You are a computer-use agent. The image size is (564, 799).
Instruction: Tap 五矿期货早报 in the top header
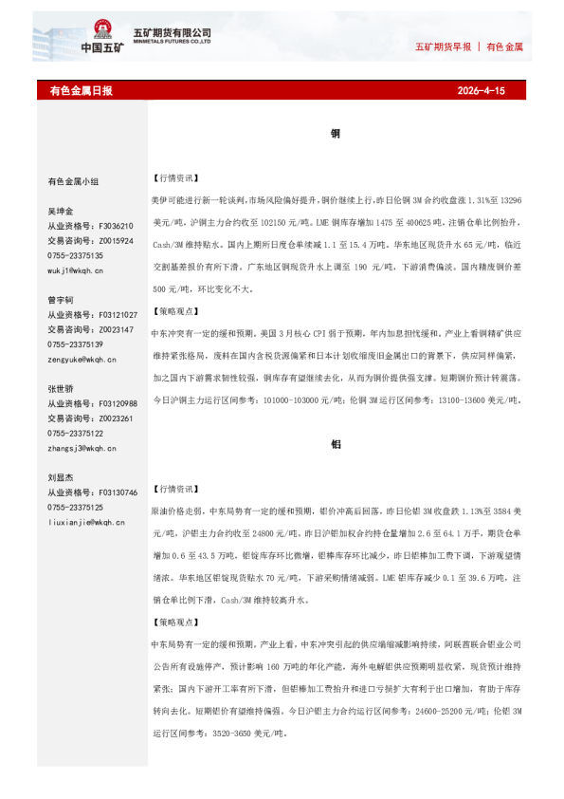pyautogui.click(x=444, y=46)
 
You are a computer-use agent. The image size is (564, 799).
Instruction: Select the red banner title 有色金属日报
pyautogui.click(x=81, y=91)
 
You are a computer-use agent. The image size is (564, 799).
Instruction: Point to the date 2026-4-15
pyautogui.click(x=482, y=91)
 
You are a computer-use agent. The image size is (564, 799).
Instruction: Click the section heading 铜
pyautogui.click(x=336, y=135)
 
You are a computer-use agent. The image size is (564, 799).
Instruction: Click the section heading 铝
pyautogui.click(x=336, y=444)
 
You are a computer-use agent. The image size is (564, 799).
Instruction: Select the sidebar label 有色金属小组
pyautogui.click(x=73, y=181)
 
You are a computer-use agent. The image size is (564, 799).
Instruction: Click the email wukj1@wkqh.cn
pyautogui.click(x=76, y=270)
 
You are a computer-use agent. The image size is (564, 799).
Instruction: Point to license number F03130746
pyautogui.click(x=118, y=492)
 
